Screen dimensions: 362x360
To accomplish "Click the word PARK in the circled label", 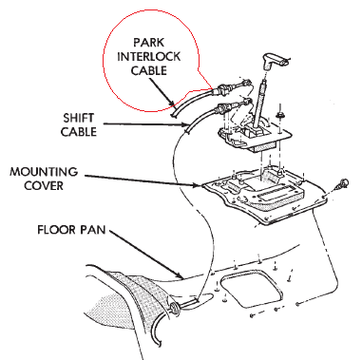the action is click(148, 43).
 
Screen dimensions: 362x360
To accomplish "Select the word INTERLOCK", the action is click(148, 56).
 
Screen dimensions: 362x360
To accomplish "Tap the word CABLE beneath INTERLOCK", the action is click(148, 70).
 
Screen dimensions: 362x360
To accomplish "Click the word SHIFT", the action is click(78, 118).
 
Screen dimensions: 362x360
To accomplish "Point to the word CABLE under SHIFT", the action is click(79, 132).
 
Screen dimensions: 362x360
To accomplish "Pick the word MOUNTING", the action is click(44, 172).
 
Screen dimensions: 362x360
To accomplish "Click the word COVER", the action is click(44, 185).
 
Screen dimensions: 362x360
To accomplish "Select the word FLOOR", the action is click(56, 230).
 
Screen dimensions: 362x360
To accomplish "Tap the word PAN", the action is click(93, 230).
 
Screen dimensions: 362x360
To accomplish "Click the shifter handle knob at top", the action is click(273, 61).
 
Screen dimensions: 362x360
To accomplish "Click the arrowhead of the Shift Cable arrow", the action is click(185, 124).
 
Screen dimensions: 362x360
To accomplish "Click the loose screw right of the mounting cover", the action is click(343, 183).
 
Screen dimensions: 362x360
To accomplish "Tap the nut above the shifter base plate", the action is click(279, 115).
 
